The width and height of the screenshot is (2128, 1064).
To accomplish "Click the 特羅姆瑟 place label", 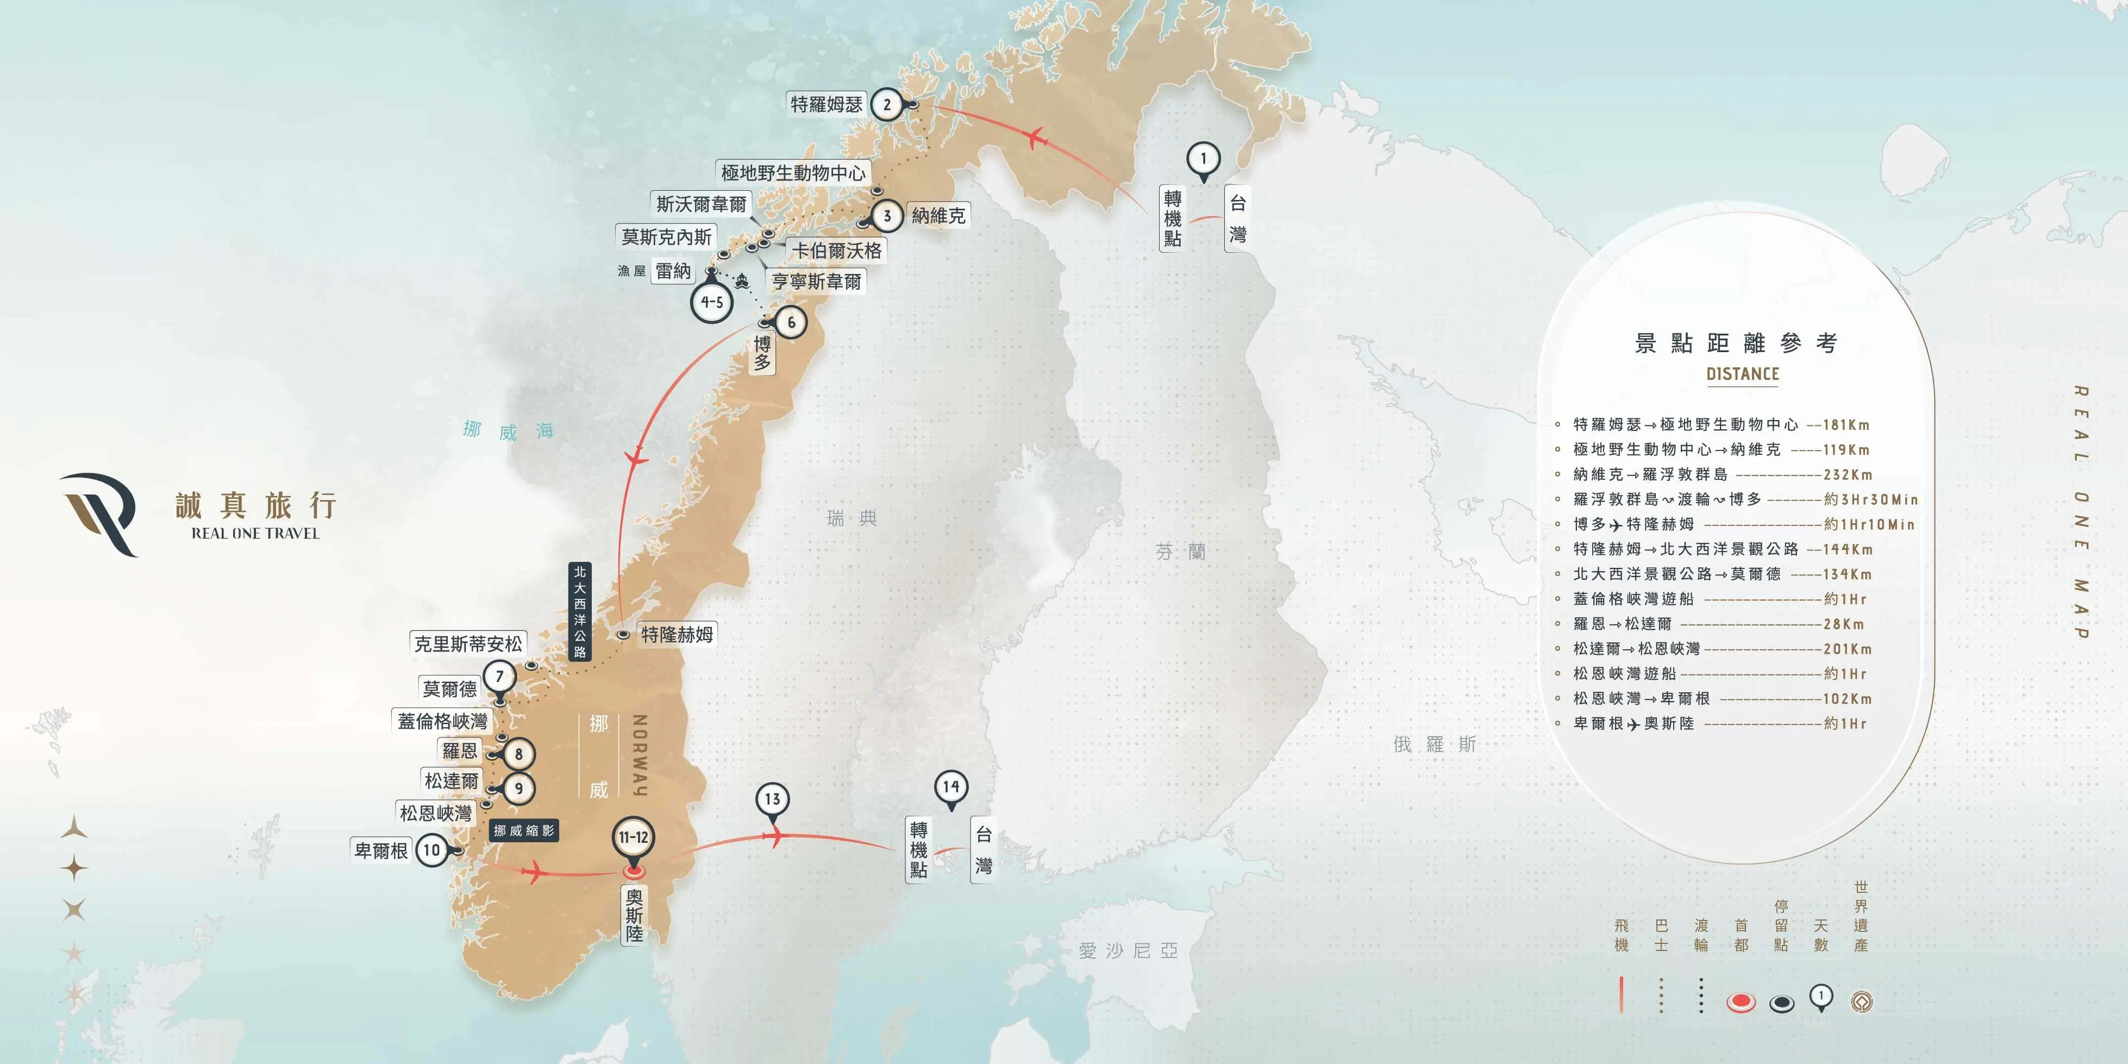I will click(x=826, y=104).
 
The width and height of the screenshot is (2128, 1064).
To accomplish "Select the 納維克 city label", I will click(x=937, y=216).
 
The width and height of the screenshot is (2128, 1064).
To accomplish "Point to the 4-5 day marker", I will click(x=712, y=302).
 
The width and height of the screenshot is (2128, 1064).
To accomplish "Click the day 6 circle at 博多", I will click(x=791, y=322).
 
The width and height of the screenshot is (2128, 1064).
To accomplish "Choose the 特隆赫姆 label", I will click(x=677, y=635).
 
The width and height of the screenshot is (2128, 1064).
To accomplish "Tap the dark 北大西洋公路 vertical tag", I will click(x=580, y=611).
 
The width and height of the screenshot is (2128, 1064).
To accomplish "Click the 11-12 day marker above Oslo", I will click(x=634, y=837).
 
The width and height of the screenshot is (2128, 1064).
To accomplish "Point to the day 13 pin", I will click(x=772, y=800).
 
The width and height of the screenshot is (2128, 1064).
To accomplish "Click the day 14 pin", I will click(x=951, y=787).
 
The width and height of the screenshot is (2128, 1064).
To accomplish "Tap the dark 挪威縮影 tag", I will click(x=524, y=830).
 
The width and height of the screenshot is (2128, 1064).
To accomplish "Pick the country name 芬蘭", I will click(x=1180, y=552).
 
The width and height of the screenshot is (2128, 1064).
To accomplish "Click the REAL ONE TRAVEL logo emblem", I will click(x=99, y=512).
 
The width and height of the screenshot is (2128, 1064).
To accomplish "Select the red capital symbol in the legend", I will click(x=1741, y=1002).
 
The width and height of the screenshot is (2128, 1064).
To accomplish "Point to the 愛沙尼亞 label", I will click(x=1128, y=951).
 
